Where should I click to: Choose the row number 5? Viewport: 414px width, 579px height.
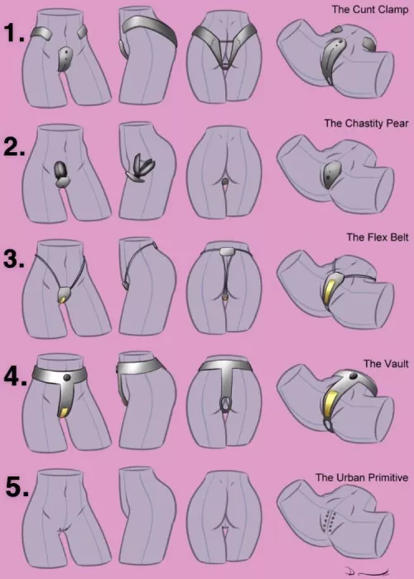coord(14,488)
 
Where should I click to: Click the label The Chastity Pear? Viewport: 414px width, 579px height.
coord(363,123)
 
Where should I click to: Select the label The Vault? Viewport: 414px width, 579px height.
coord(383,363)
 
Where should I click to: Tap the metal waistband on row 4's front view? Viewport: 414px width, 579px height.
coord(62,373)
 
